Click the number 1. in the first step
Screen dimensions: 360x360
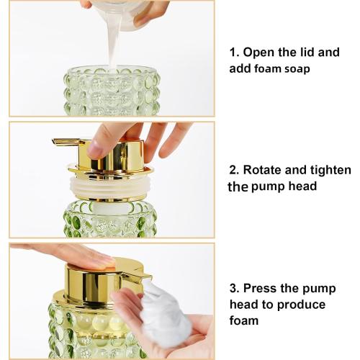(x=234, y=53)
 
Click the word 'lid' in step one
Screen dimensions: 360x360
(x=305, y=53)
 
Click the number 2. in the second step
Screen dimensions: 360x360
(x=234, y=171)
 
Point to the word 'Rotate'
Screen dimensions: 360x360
(x=263, y=171)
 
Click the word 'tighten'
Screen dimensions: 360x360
(x=330, y=171)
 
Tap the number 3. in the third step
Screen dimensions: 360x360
(x=234, y=288)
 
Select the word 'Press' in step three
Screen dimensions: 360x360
(x=261, y=288)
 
